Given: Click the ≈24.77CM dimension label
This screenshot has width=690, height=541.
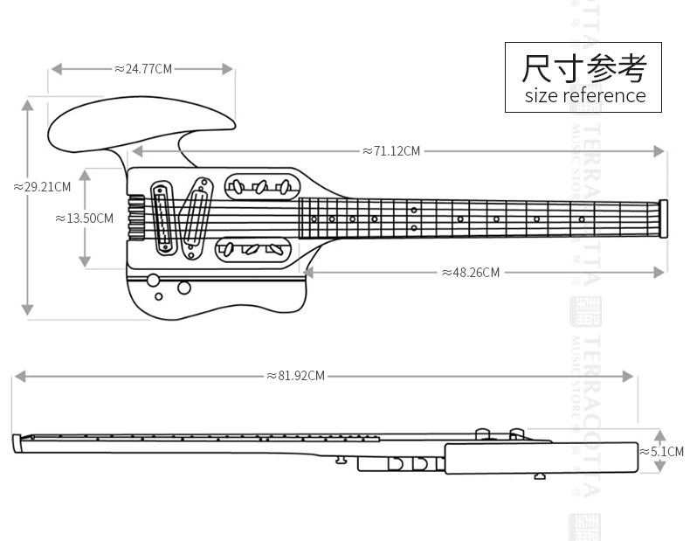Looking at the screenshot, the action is [x=143, y=68].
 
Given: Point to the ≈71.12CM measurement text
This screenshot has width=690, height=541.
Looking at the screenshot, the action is [x=391, y=151].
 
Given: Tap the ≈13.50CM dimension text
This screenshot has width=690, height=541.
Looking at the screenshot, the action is [x=85, y=218].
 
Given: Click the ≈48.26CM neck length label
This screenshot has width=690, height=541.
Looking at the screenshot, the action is [x=471, y=273].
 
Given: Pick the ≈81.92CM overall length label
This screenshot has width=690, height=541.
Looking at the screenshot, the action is [x=295, y=376].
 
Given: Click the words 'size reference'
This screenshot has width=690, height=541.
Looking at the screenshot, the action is [x=584, y=95].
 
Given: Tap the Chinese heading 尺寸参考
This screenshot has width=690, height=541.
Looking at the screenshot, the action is [x=584, y=66].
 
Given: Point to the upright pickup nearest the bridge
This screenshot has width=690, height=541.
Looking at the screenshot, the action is [x=163, y=218].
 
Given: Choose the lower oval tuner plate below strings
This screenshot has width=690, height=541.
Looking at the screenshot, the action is [x=251, y=250].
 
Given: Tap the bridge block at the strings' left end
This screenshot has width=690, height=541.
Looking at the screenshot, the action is [x=135, y=217].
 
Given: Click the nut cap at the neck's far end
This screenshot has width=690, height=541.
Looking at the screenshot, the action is [x=665, y=218].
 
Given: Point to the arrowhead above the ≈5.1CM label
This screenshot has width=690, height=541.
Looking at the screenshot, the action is [x=660, y=434].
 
